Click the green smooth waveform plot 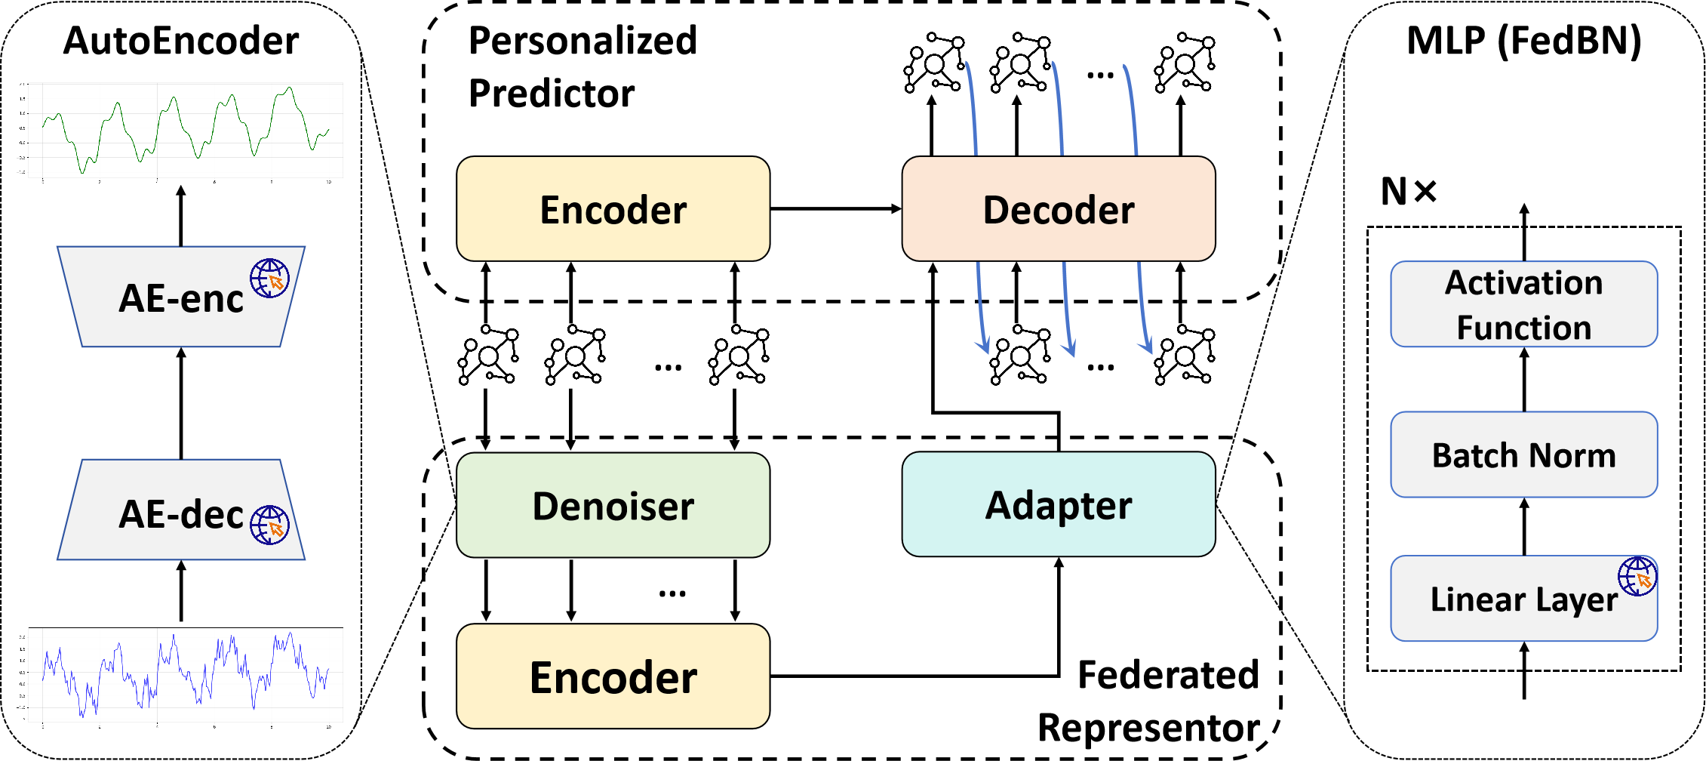coord(180,132)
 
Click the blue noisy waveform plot coord(180,676)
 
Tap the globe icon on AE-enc coord(269,278)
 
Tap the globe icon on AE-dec coord(269,525)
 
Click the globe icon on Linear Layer coord(1637,577)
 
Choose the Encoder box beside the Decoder coord(613,209)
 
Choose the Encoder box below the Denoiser coord(613,676)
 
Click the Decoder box coord(1058,209)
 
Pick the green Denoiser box coord(613,505)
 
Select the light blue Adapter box coord(1058,504)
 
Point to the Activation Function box coord(1523,304)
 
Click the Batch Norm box coord(1523,454)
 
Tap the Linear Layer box coord(1523,599)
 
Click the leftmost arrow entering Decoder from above coord(972,109)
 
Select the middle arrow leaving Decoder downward coord(1066,310)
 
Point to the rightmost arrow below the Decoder coord(1142,310)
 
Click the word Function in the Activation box coord(1523,328)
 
